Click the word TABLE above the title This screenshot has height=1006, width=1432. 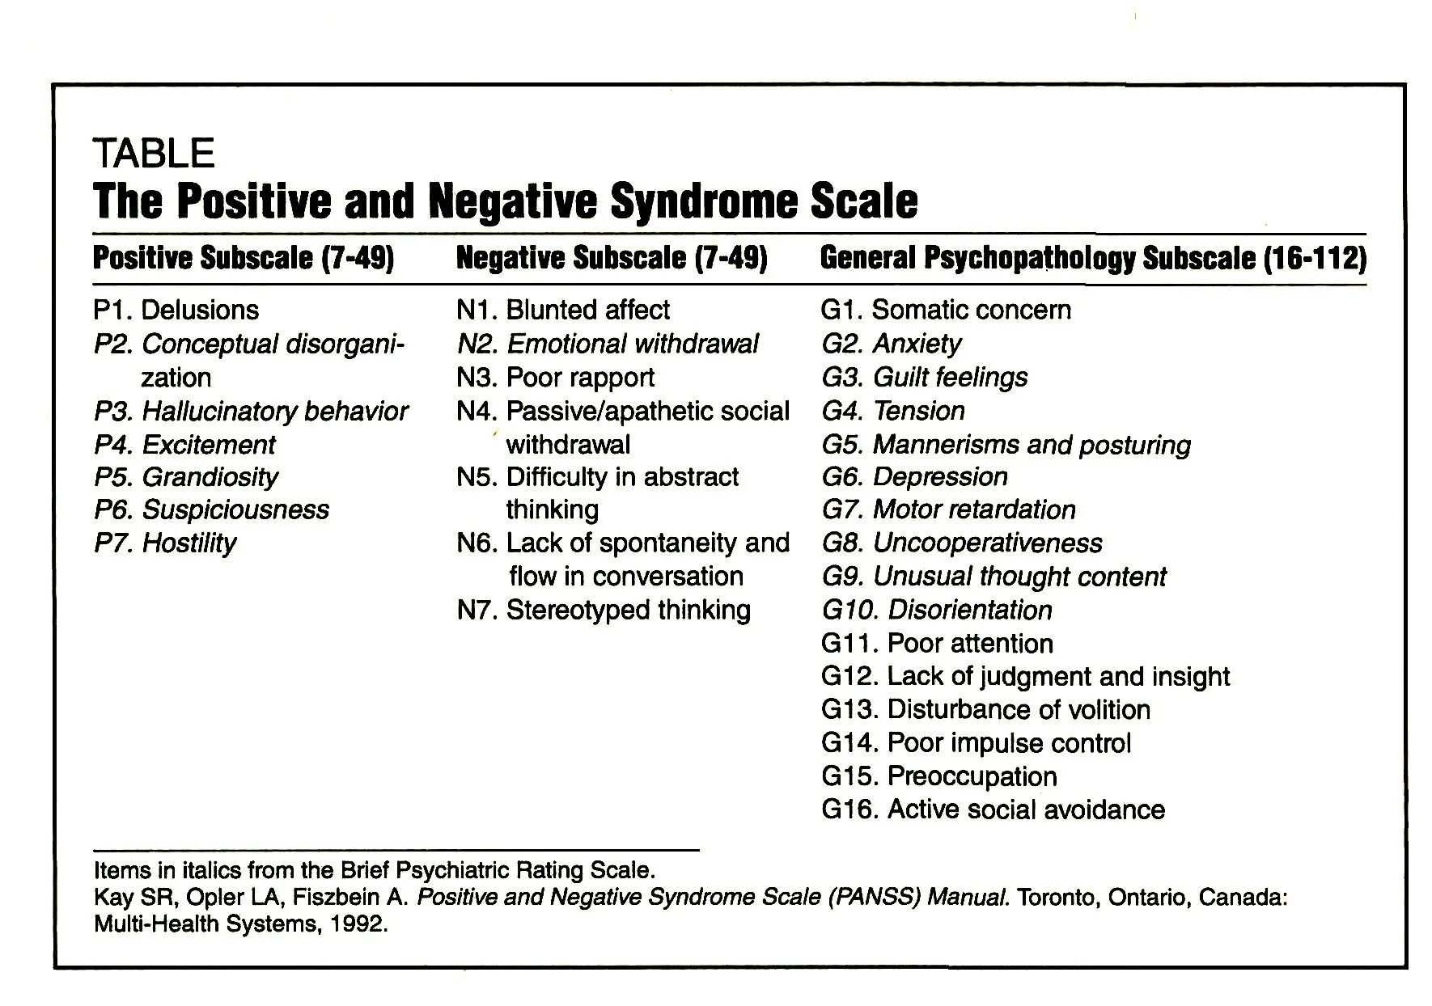154,153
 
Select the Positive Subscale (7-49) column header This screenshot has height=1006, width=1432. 244,258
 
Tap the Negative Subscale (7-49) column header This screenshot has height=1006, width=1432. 612,258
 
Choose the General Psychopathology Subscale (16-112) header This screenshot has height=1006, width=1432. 1093,258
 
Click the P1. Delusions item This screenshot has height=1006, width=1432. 176,310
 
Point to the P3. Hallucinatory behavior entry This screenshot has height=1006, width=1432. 251,411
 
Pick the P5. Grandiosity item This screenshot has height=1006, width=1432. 186,477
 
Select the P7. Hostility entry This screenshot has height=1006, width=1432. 165,543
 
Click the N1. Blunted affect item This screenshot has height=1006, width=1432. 563,310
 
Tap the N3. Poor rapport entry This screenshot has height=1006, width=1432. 555,377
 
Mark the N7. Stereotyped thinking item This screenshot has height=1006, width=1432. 604,610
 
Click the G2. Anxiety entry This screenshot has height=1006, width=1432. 892,344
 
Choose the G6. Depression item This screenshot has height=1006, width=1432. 915,477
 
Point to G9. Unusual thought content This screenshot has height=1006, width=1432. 994,577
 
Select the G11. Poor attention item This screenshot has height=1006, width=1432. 937,643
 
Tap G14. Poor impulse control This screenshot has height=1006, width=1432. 976,742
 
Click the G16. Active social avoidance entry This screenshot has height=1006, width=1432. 993,809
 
